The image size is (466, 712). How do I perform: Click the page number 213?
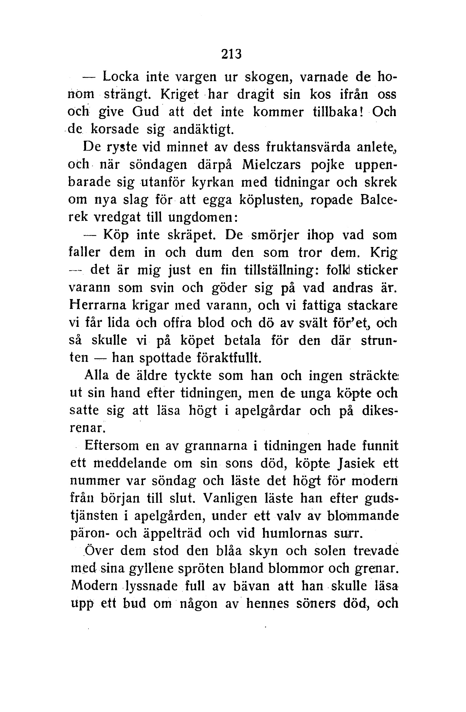point(231,54)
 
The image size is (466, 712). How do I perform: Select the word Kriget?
point(180,95)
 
